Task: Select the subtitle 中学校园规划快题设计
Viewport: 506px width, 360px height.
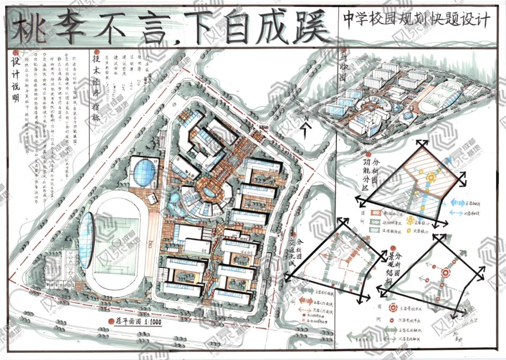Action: coord(416,20)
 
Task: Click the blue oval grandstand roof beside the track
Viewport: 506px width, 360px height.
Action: coord(86,239)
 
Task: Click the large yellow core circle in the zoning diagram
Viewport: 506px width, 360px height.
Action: coord(430,177)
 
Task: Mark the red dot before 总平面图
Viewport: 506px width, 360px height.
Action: coord(111,322)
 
